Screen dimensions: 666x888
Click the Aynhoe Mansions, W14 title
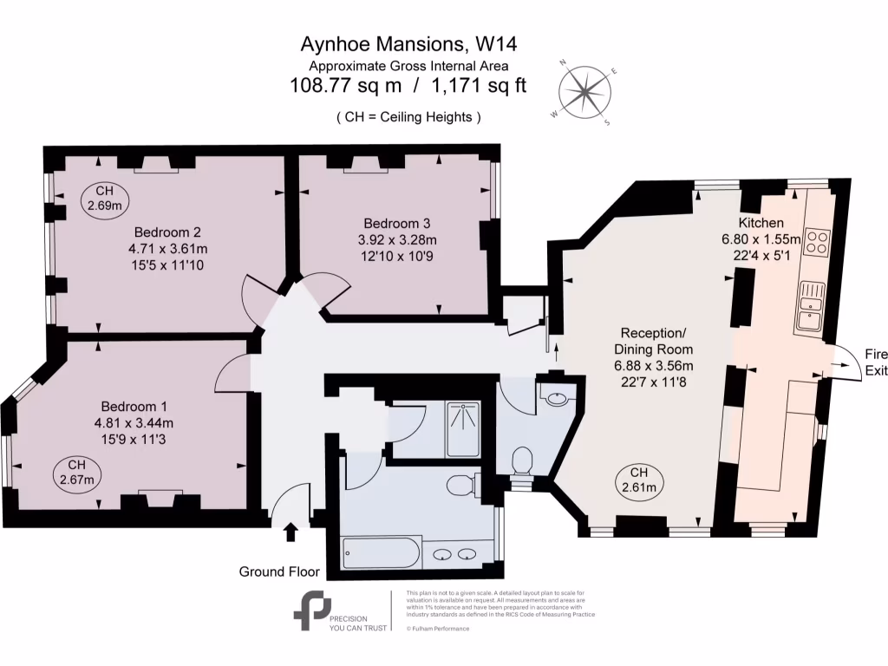[x=409, y=42]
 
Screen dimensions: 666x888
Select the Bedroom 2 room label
[x=167, y=232]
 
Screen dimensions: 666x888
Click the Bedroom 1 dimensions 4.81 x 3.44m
[x=139, y=423]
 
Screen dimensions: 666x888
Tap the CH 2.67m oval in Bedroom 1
[x=78, y=471]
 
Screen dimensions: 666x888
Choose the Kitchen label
[x=761, y=223]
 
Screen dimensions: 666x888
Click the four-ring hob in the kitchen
[x=818, y=240]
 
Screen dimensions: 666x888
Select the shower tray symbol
[x=467, y=427]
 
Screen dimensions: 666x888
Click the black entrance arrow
[x=291, y=531]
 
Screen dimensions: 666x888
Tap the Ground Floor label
[x=279, y=571]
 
